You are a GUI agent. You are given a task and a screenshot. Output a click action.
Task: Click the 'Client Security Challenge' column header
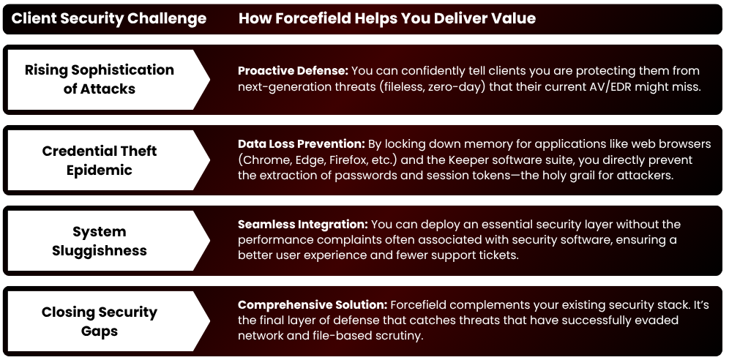(x=108, y=18)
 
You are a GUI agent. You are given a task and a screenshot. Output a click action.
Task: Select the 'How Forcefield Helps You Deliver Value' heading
(x=387, y=18)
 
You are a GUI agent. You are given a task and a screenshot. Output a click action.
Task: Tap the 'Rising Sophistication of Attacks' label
(x=100, y=79)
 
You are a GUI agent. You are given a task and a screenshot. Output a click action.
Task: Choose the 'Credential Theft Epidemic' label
(x=100, y=160)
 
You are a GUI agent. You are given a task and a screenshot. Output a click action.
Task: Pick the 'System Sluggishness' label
(x=100, y=241)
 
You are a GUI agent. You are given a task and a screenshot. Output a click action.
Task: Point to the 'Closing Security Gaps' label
(x=100, y=321)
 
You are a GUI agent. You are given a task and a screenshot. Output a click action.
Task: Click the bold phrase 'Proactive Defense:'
(x=293, y=71)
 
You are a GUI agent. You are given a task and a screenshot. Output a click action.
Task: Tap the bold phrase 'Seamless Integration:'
(x=303, y=224)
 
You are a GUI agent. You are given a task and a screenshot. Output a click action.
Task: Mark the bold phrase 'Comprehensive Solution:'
(x=313, y=304)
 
